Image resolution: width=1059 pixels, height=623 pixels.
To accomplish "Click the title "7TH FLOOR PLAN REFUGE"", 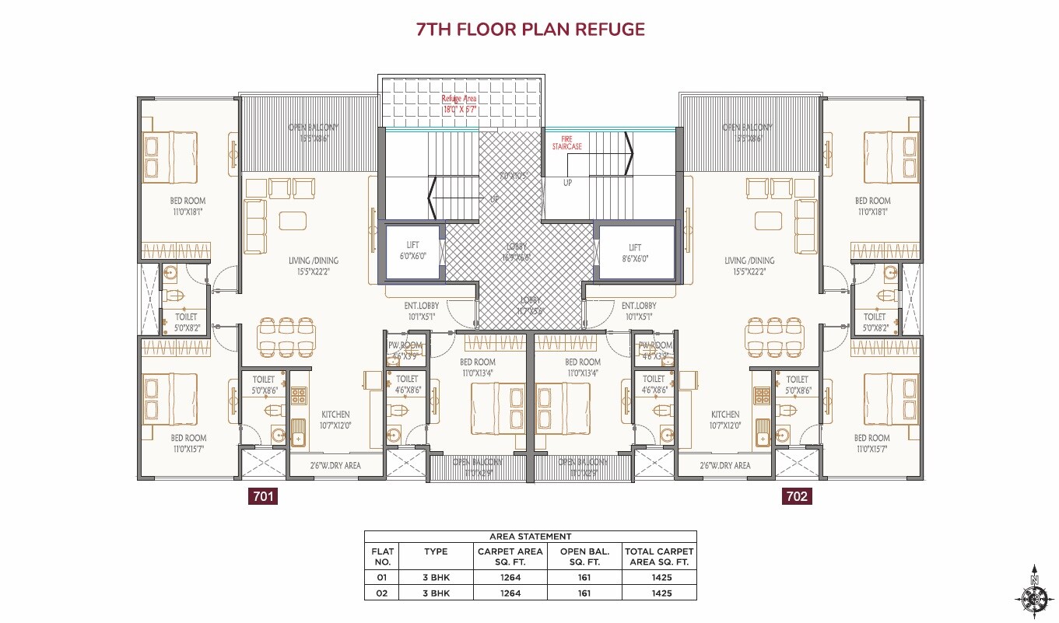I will [x=531, y=30].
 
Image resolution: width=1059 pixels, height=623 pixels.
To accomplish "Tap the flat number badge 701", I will [x=262, y=496].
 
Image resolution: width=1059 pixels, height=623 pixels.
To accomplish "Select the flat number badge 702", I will [x=797, y=496].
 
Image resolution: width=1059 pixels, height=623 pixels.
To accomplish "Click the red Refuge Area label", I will [x=459, y=104].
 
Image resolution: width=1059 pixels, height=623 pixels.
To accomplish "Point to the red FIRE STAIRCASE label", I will [x=571, y=142].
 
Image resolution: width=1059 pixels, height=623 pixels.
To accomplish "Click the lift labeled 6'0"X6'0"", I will [x=412, y=250].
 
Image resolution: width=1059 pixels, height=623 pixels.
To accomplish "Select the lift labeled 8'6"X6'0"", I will [x=635, y=250].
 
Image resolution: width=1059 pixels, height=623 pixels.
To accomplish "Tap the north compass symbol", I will [x=1034, y=595].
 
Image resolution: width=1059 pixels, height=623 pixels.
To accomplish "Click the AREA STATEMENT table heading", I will [x=530, y=537].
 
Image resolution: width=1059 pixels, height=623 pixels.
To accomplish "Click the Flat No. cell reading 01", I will [x=383, y=578].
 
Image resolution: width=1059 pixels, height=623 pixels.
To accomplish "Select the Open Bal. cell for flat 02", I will [x=584, y=593].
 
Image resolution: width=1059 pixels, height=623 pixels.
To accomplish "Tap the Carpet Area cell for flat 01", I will [x=510, y=578].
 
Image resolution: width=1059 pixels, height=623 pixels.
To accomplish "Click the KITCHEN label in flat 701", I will [x=335, y=420].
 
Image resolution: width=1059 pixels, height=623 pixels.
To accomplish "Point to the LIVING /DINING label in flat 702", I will [x=749, y=266].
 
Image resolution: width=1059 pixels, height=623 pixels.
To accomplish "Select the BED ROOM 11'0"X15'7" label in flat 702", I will [x=871, y=443].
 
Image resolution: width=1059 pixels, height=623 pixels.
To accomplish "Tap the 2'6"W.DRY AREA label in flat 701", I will [x=335, y=465].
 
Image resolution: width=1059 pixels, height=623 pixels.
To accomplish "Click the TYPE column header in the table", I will [x=436, y=551].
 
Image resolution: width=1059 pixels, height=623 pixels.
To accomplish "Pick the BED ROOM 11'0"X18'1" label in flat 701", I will [x=189, y=205].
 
